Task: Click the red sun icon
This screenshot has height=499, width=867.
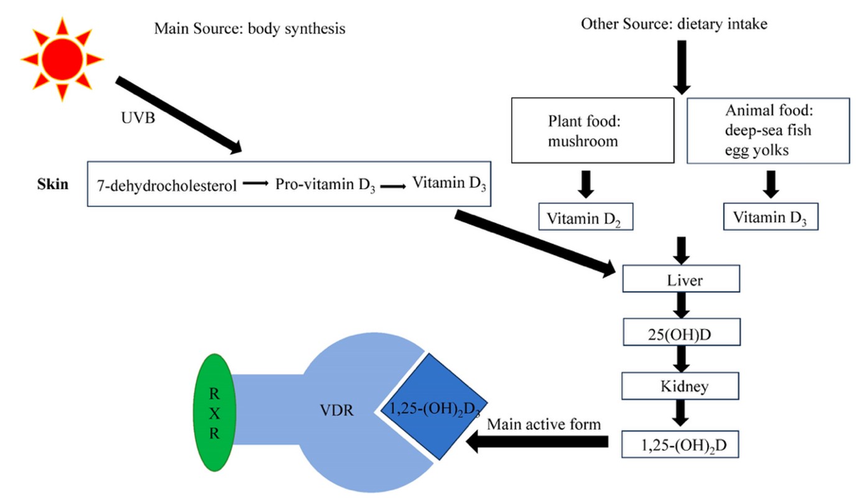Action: (x=62, y=59)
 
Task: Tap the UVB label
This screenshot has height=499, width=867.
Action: (x=138, y=118)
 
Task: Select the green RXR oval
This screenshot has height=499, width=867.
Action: (x=215, y=413)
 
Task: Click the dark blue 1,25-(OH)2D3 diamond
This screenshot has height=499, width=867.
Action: (x=434, y=407)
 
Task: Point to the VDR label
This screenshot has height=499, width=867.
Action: (x=336, y=411)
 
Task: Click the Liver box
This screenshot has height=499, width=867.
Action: (x=681, y=279)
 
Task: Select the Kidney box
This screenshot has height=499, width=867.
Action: (x=680, y=386)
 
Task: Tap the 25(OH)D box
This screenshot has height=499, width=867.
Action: (x=682, y=332)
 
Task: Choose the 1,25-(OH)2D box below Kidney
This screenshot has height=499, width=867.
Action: (x=680, y=444)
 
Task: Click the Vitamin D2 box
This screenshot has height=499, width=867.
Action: (x=586, y=217)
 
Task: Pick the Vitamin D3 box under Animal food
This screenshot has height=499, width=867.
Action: (x=771, y=217)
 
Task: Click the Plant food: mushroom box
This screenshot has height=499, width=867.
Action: (x=593, y=130)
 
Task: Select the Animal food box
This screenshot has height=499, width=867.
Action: (x=768, y=131)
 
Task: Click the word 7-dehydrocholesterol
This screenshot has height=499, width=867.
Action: (x=167, y=185)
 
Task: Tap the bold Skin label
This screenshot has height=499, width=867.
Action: (x=53, y=184)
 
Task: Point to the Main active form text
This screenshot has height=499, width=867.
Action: (x=544, y=424)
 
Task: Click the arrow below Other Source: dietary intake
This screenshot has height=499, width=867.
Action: (x=682, y=67)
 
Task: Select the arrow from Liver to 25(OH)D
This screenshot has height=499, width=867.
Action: (x=681, y=305)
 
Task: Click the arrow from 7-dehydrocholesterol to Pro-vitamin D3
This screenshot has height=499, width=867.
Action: (x=256, y=183)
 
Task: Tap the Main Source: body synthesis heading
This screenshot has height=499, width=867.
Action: (x=249, y=29)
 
